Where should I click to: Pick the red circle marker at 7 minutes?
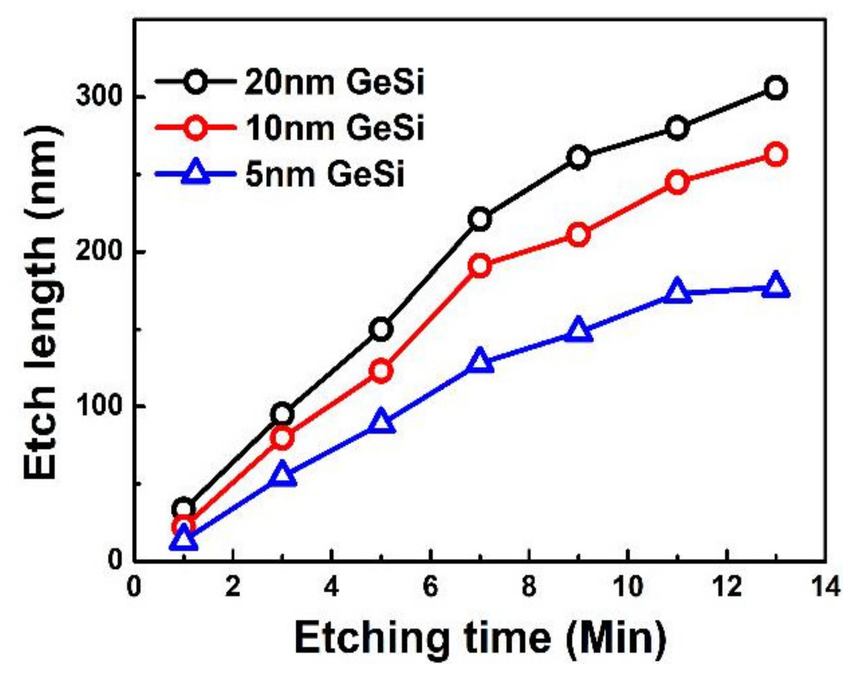(x=480, y=266)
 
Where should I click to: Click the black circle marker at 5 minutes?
(x=381, y=329)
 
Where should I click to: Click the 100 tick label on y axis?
(x=99, y=407)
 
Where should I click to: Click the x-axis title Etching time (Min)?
(x=480, y=637)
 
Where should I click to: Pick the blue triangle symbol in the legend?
(x=196, y=174)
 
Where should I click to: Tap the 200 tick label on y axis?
(x=99, y=252)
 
